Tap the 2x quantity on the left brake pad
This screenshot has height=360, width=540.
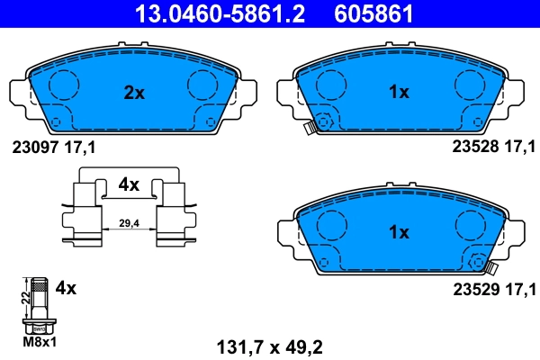point(133,91)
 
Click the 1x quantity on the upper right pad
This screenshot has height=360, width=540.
point(398,91)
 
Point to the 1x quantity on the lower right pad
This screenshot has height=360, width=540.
point(398,232)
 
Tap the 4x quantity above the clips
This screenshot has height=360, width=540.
point(130,184)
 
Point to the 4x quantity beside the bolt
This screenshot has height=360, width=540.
point(66,289)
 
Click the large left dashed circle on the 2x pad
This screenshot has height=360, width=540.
point(64,85)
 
